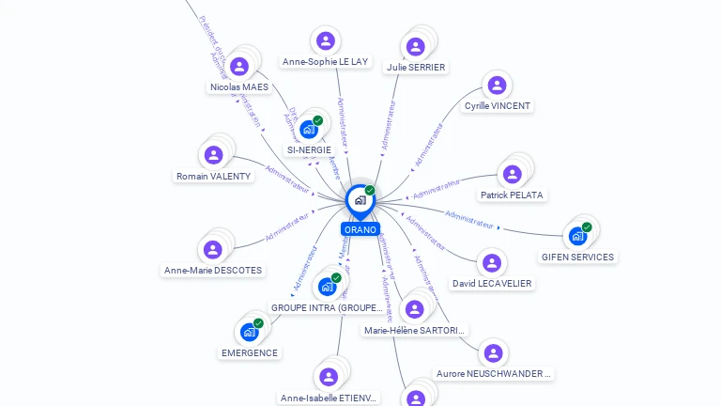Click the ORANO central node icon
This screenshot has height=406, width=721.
(x=360, y=200)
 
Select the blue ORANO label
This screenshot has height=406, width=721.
(x=360, y=229)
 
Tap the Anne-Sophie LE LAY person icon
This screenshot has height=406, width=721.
(x=326, y=40)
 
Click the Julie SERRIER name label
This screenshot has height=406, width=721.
(x=416, y=67)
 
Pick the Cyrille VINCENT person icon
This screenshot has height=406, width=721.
(x=497, y=86)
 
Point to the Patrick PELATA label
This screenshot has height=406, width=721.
(x=512, y=195)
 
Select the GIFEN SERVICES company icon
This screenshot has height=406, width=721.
(x=577, y=236)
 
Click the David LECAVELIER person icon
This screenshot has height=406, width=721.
(x=491, y=263)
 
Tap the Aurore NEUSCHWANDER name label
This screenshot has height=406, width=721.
(x=494, y=373)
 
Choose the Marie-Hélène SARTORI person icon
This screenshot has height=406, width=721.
(x=414, y=309)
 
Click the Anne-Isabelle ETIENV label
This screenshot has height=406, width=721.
(x=329, y=398)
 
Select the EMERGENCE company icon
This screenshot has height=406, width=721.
(x=249, y=332)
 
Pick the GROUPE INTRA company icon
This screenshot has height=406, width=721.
(x=328, y=286)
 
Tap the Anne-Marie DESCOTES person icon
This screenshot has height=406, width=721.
(x=213, y=249)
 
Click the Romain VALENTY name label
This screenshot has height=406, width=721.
(x=214, y=176)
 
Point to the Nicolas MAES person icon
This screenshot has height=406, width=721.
(x=239, y=66)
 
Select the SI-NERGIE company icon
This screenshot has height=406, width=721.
(x=309, y=129)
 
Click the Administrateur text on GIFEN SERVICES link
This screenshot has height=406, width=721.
(x=469, y=219)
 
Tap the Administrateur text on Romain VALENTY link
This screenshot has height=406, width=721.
(x=287, y=178)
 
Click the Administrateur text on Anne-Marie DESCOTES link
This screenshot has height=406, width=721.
(x=286, y=226)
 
